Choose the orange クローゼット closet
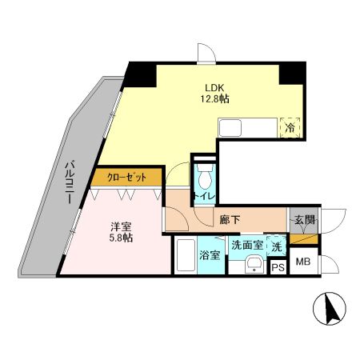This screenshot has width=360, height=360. tap(125, 178)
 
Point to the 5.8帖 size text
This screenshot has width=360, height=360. tap(120, 238)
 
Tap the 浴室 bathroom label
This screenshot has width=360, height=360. tap(210, 256)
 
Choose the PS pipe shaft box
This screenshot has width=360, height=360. tap(278, 267)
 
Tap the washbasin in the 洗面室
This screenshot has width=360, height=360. tap(254, 265)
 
